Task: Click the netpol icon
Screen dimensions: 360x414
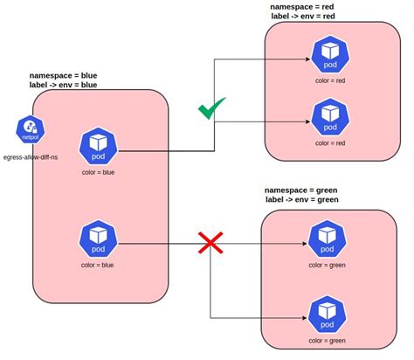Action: coord(29,130)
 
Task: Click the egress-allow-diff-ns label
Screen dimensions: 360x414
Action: coord(31,157)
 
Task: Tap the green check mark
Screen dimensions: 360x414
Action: coord(210,109)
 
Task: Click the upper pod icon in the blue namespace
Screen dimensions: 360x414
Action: coord(98,146)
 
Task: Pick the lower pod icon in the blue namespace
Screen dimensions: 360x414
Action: coord(98,239)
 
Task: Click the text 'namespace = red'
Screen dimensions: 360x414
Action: coord(314,6)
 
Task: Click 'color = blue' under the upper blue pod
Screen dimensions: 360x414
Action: coord(98,173)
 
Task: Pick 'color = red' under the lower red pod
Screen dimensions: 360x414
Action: coord(330,142)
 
